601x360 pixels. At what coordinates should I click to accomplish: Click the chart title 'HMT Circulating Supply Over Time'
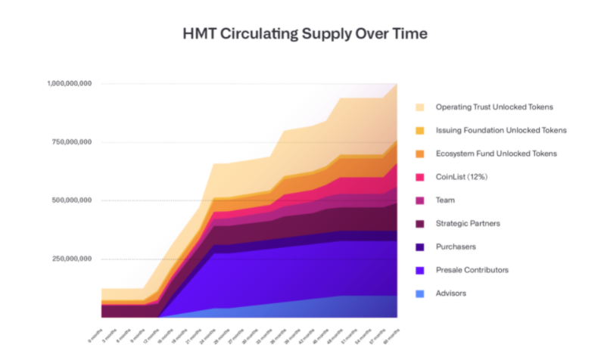click(x=300, y=34)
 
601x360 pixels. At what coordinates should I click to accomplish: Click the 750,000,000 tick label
click(x=70, y=141)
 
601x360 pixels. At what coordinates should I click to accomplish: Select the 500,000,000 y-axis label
click(x=70, y=200)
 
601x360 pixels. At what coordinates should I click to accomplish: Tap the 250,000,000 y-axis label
click(x=70, y=259)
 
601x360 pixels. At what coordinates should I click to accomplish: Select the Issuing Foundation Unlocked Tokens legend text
click(x=501, y=130)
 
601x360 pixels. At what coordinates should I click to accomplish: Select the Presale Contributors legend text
click(x=473, y=269)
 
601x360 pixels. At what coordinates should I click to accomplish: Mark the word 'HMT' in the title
click(x=198, y=34)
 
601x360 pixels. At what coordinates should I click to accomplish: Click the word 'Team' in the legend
click(x=445, y=200)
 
